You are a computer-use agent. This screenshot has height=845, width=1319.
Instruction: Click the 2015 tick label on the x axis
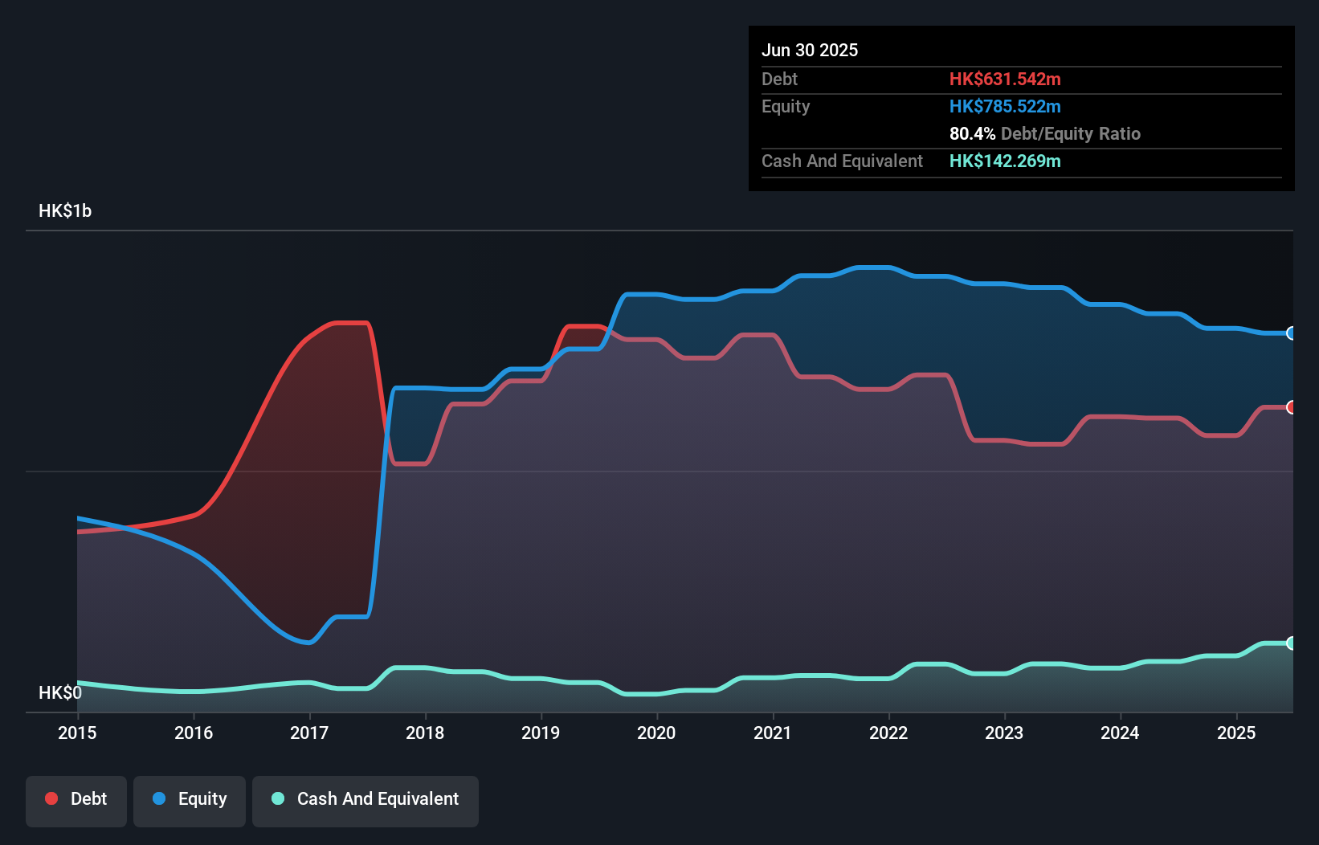[77, 733]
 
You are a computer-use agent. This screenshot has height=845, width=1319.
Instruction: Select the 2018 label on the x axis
[425, 733]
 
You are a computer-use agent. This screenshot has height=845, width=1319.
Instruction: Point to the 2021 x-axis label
[772, 733]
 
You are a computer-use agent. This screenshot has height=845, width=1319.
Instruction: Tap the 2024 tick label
[1120, 733]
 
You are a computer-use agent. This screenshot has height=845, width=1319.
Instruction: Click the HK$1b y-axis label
[65, 210]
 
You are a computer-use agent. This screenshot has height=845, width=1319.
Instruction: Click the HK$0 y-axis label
[59, 692]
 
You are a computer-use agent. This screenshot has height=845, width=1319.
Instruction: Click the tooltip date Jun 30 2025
[810, 50]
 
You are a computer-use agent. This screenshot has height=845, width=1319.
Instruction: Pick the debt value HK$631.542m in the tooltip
[1005, 79]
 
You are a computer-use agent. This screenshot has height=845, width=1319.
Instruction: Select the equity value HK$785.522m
[1005, 106]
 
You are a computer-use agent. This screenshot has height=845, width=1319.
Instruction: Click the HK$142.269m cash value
[1005, 161]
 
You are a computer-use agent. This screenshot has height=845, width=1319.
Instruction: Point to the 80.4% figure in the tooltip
[972, 133]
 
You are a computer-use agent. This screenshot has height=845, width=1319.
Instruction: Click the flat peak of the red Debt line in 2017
[350, 323]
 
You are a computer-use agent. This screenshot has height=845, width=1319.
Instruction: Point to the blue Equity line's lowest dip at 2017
[308, 642]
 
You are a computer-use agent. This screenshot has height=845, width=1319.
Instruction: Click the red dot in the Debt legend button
[51, 798]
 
